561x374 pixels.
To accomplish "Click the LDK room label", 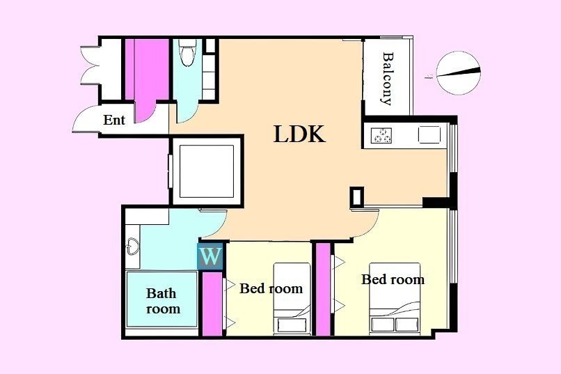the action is pyautogui.click(x=299, y=134).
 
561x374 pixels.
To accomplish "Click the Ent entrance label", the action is pyautogui.click(x=114, y=120).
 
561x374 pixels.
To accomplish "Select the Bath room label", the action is pyautogui.click(x=163, y=301).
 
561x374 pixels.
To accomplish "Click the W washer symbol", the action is pyautogui.click(x=210, y=256).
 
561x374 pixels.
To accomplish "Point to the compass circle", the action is pyautogui.click(x=458, y=73).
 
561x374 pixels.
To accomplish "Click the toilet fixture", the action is pyautogui.click(x=187, y=53).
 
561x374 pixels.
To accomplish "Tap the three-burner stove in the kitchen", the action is pyautogui.click(x=381, y=135).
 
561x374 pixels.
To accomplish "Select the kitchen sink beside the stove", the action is pyautogui.click(x=429, y=134).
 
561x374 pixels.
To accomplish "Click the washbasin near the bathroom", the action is pyautogui.click(x=132, y=246).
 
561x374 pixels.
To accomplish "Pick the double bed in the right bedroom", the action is pyautogui.click(x=395, y=299).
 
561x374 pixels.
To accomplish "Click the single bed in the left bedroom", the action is pyautogui.click(x=292, y=299).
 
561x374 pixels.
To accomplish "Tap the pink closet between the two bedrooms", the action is pyautogui.click(x=323, y=289).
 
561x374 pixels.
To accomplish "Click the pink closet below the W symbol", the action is pyautogui.click(x=212, y=304).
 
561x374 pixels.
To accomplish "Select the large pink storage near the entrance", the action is pyautogui.click(x=147, y=77).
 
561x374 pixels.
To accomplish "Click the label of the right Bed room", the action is pyautogui.click(x=393, y=279).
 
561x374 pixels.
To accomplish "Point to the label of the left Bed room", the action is pyautogui.click(x=271, y=288).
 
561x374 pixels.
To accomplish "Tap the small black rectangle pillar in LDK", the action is pyautogui.click(x=356, y=196).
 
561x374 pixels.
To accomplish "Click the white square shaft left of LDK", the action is pyautogui.click(x=207, y=171).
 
